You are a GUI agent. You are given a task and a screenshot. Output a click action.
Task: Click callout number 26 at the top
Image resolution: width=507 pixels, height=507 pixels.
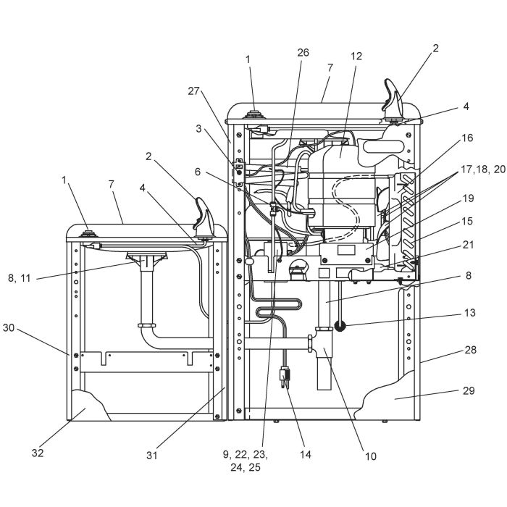click(303, 52)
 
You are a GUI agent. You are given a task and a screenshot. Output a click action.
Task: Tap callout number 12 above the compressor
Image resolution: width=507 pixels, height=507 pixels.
click(356, 56)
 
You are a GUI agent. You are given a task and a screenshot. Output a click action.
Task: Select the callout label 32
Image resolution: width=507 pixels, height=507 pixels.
click(38, 453)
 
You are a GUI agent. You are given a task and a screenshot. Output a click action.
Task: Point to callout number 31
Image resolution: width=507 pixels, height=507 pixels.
click(151, 456)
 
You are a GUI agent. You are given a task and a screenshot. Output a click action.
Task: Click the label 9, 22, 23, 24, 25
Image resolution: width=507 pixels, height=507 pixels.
click(246, 461)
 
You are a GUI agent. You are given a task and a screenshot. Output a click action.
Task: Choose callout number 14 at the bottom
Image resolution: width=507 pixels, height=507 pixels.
click(305, 454)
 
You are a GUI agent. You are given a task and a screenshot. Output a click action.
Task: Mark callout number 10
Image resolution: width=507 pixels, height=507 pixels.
click(371, 456)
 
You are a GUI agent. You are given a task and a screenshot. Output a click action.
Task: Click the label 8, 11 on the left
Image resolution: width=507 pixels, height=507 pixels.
click(20, 278)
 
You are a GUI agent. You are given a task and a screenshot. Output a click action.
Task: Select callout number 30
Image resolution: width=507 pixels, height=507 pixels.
click(9, 327)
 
